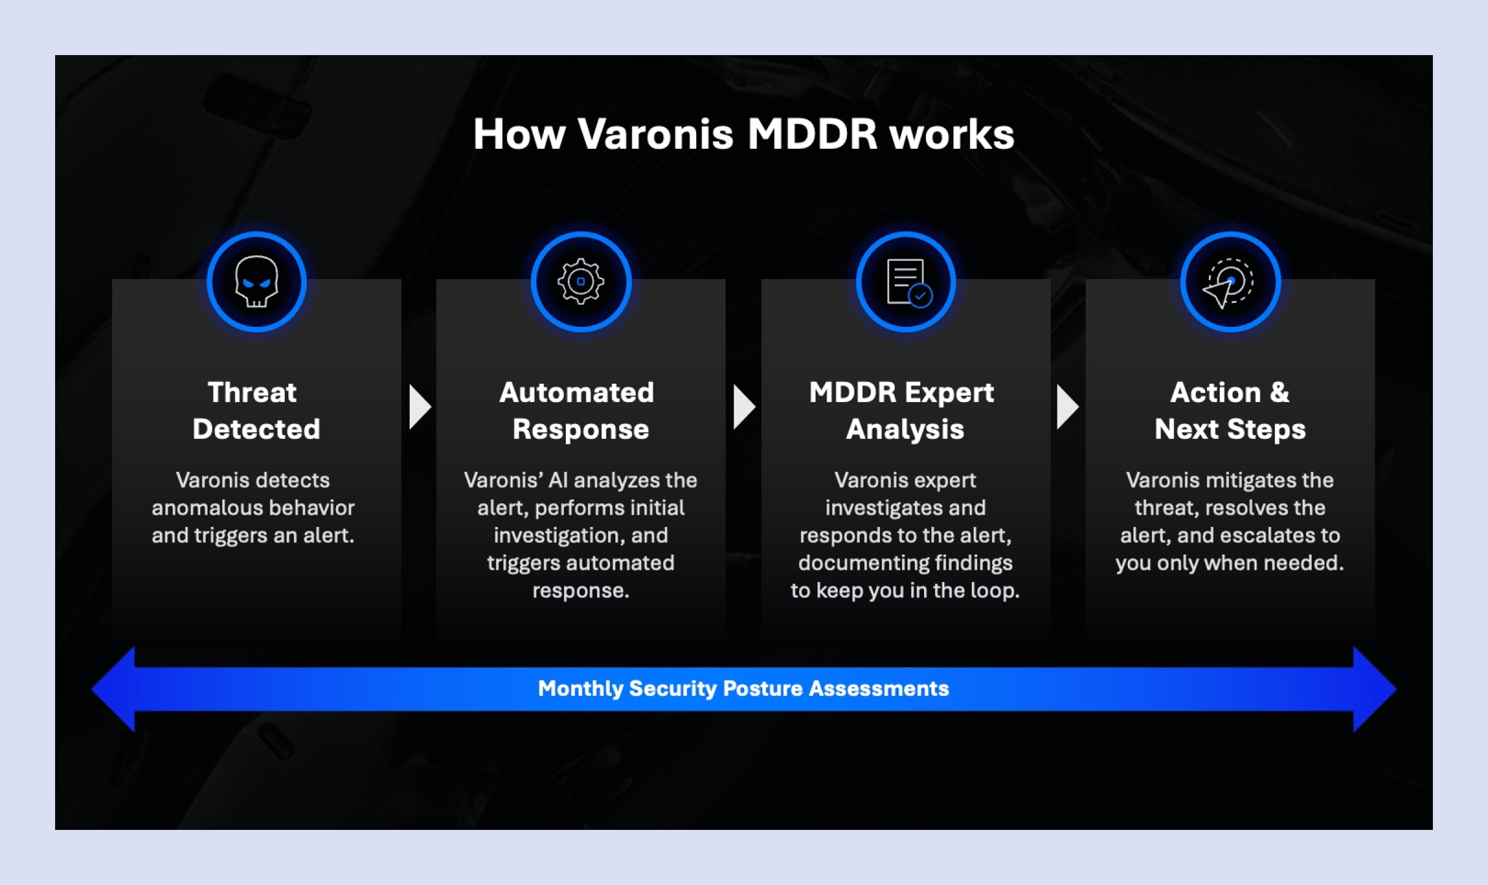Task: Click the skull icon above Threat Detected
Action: [256, 282]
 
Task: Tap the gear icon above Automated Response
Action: [581, 282]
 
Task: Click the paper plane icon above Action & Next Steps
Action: [1230, 282]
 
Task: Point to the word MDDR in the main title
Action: [812, 135]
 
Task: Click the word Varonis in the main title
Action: [655, 135]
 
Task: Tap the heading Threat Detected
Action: [256, 411]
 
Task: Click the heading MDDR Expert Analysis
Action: [903, 411]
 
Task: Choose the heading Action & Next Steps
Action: [1230, 411]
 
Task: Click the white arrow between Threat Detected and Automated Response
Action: [419, 407]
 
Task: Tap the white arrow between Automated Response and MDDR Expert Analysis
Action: [743, 407]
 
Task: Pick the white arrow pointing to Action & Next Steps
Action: [1067, 407]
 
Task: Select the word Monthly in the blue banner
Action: [580, 689]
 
